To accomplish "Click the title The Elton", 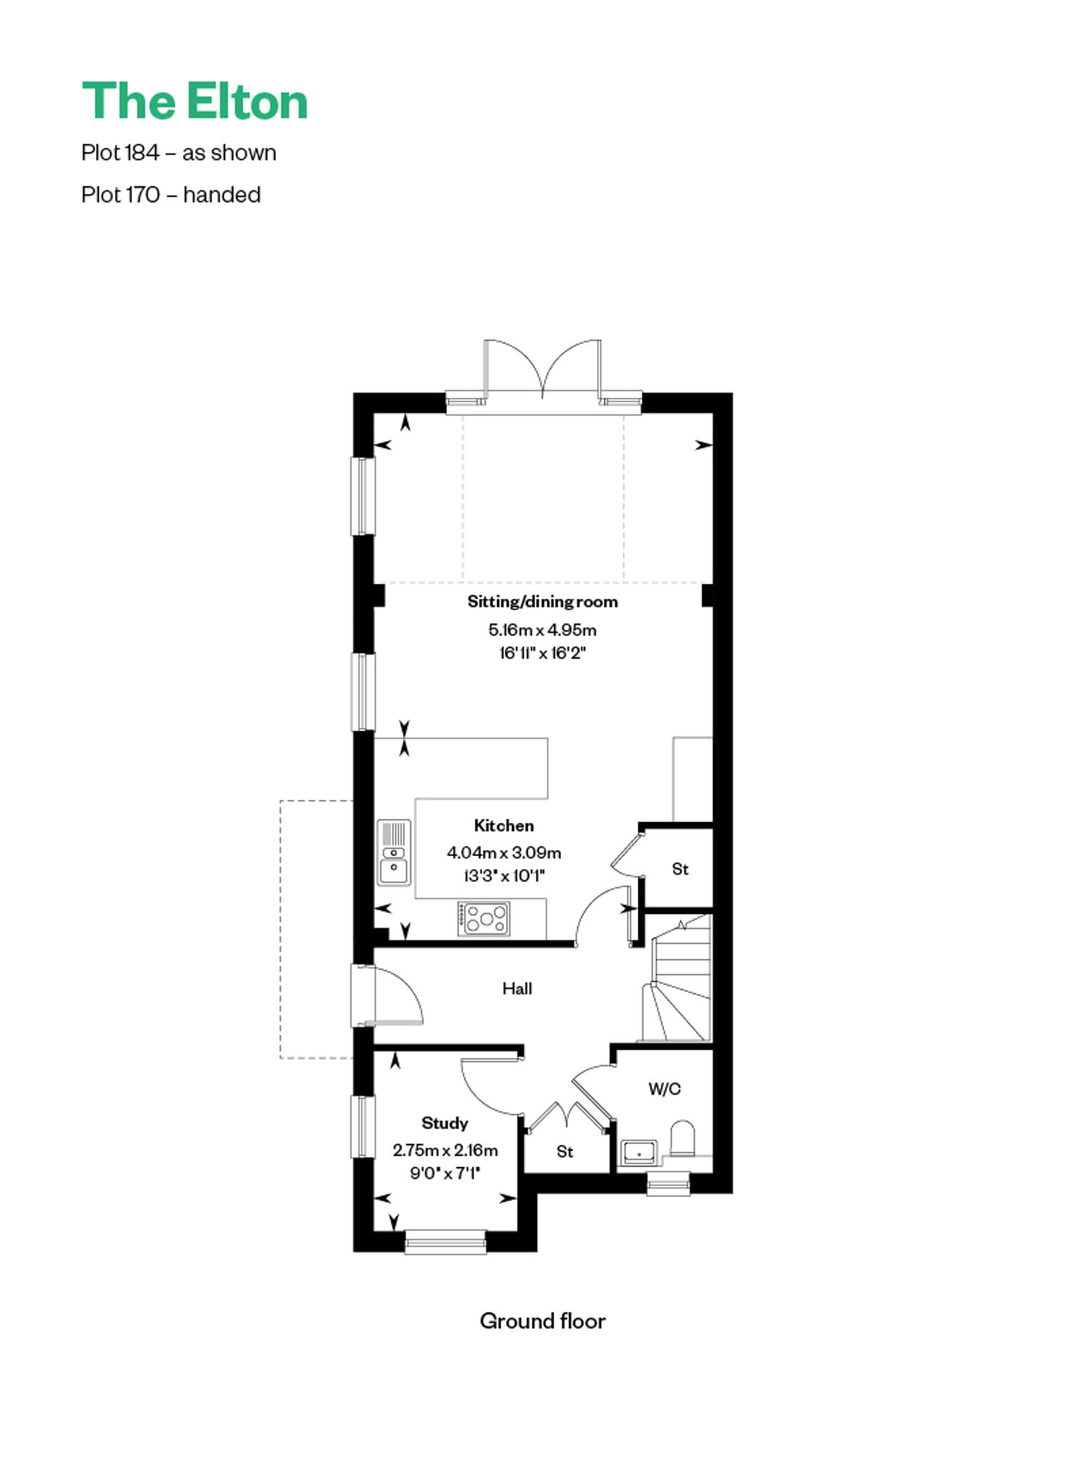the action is coord(195,101).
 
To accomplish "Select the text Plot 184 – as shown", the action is coord(179,153).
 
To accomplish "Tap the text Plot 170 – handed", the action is coord(171,195).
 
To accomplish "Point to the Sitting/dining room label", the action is coord(542,601).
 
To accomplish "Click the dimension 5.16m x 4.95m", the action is coord(542,629).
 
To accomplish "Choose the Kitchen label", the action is coord(504,826).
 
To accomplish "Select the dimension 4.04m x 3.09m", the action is coord(504,852).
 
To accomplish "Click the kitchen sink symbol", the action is coord(394,852).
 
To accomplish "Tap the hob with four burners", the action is coord(484,919).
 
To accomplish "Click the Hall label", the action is coord(517,988).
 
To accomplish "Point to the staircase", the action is coord(678,978).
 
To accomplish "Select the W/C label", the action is coord(664,1088).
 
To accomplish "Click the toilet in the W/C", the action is coord(683,1138).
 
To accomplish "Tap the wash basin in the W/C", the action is coord(639,1152).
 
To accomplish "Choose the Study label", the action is coord(445,1122).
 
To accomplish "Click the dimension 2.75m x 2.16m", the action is coord(445,1149).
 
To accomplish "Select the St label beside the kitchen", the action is coord(680,868).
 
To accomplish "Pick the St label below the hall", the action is coord(565,1151).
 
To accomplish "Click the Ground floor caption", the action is coord(542,1321).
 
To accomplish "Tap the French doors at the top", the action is coord(542,369).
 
